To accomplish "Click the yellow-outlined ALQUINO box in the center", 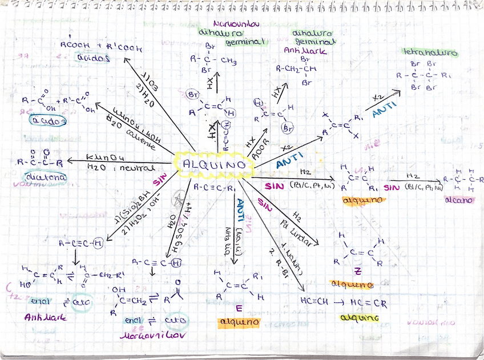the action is click(x=215, y=164).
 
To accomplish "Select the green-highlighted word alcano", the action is click(x=456, y=200).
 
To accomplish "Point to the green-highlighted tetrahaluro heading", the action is click(x=430, y=53).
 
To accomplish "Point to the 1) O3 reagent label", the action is click(x=153, y=78).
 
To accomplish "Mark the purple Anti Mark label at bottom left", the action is click(x=46, y=317).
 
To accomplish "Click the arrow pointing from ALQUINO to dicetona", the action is click(x=123, y=163).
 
